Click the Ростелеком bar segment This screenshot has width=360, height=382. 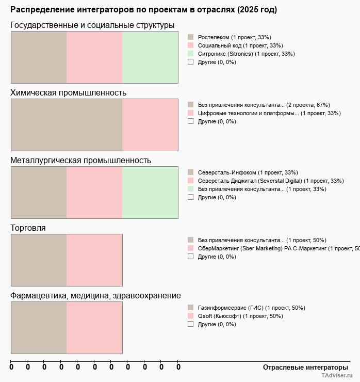(39, 57)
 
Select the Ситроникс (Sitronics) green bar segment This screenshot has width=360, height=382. (150, 57)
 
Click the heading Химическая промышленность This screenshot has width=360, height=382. (68, 93)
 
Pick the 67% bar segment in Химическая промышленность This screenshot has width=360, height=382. (67, 124)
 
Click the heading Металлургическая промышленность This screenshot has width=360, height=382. (80, 161)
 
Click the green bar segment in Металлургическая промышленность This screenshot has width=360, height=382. (150, 192)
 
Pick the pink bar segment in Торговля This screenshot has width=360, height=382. (94, 260)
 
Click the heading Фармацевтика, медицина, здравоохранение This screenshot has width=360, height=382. (95, 296)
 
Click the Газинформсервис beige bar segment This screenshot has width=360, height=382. (39, 327)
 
